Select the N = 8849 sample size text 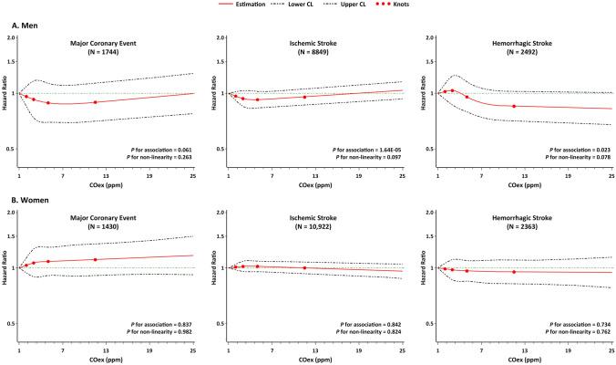[x=306, y=53]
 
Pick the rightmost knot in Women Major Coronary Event [x=95, y=260]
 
